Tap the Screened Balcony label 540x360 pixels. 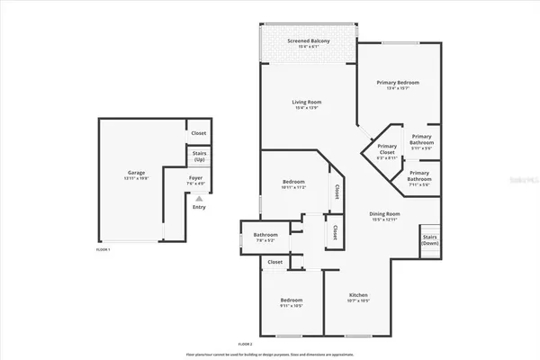(307, 41)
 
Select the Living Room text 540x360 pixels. (306, 103)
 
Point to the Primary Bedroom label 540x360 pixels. (398, 82)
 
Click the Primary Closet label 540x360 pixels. (387, 149)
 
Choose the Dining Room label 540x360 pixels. (384, 213)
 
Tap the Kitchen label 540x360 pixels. (358, 294)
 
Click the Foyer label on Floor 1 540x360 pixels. (195, 177)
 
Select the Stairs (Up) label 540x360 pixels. (199, 156)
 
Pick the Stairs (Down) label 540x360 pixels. (430, 240)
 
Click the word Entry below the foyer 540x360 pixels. (199, 208)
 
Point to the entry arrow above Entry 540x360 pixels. (199, 199)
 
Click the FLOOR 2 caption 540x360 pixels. (244, 345)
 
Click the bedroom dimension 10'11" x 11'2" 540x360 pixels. (293, 187)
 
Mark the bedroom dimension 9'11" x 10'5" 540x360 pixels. (290, 305)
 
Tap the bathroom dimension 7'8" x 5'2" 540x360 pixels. (265, 240)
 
